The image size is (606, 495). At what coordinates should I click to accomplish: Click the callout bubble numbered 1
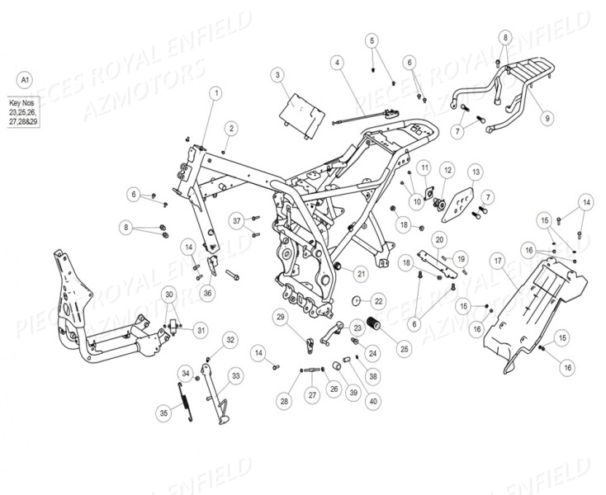(215, 94)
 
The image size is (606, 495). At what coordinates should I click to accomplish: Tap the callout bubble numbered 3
(278, 75)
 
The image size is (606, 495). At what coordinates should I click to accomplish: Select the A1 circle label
(25, 80)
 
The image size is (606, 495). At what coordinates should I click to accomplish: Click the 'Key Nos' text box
(24, 109)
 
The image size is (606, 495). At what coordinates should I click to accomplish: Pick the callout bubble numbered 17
(498, 261)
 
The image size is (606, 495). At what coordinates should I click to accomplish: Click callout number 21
(361, 271)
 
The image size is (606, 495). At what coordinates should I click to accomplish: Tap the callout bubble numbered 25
(381, 350)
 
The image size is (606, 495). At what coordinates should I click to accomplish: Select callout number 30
(168, 295)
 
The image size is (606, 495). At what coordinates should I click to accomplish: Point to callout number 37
(238, 220)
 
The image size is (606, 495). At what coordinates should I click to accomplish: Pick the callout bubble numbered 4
(338, 62)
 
